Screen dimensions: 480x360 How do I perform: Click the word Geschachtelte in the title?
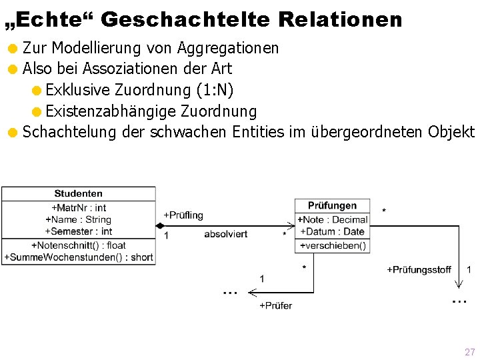click(x=185, y=20)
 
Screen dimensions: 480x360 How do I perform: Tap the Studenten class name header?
click(x=79, y=193)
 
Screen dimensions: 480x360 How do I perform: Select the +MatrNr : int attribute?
click(x=79, y=208)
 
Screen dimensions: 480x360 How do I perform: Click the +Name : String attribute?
click(x=79, y=219)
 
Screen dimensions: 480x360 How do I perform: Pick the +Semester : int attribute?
click(x=79, y=231)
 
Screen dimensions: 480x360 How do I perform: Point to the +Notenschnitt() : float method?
click(x=79, y=245)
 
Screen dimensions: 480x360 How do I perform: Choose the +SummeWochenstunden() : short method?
click(x=79, y=257)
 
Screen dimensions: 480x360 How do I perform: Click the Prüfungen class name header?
click(x=332, y=205)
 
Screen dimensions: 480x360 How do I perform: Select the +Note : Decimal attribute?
click(x=332, y=219)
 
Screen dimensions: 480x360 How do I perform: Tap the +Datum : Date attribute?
click(x=332, y=231)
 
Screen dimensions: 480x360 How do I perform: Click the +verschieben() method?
click(x=332, y=245)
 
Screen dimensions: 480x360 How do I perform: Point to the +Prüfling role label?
click(x=183, y=215)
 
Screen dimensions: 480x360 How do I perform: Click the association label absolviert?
click(x=225, y=234)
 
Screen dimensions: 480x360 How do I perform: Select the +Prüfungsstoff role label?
click(x=419, y=270)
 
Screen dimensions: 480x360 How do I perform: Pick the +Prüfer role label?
click(x=275, y=305)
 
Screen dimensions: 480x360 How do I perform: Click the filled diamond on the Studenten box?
click(x=160, y=226)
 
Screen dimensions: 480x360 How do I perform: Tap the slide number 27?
click(x=469, y=352)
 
